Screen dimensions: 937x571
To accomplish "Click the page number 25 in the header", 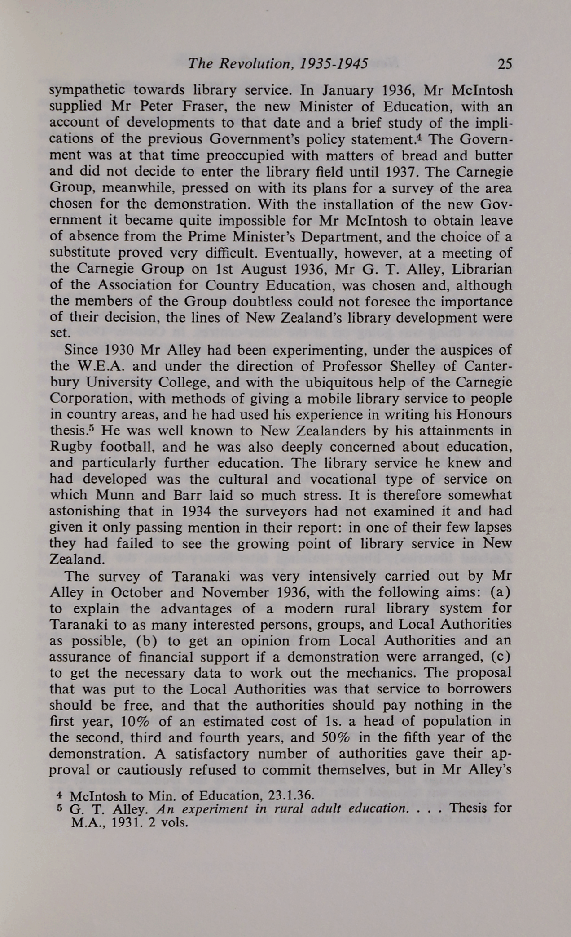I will click(504, 64).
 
